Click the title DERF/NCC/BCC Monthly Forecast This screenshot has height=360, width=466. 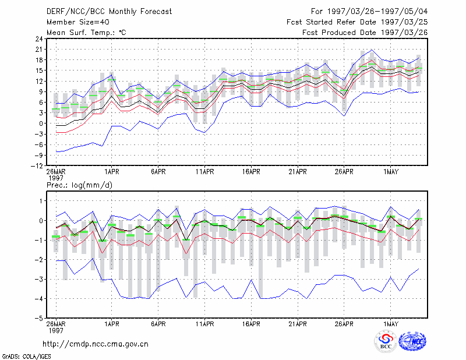(109, 12)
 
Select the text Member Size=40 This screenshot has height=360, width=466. (78, 22)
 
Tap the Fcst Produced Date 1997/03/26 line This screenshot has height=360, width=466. (365, 33)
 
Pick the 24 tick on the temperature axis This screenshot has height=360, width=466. (39, 38)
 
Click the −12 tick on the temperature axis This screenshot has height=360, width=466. (37, 166)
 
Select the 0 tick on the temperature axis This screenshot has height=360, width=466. (41, 123)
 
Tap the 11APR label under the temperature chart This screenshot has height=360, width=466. (205, 172)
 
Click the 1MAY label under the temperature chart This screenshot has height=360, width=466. (391, 172)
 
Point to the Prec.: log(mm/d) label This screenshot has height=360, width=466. (79, 185)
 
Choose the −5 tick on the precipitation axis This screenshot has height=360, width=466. (38, 319)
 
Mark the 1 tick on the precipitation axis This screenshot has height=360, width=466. (41, 201)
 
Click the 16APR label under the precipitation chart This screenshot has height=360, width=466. (251, 324)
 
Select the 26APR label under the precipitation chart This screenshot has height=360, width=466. (344, 324)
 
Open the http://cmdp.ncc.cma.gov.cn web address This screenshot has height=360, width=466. (96, 344)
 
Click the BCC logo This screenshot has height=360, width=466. (386, 341)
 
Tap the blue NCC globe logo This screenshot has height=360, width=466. (412, 341)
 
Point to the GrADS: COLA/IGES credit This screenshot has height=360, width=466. (27, 357)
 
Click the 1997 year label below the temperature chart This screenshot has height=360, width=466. (56, 178)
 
